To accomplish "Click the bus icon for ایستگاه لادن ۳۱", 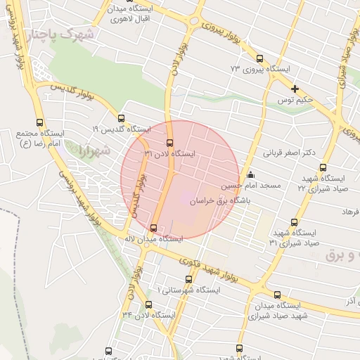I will click(x=169, y=143).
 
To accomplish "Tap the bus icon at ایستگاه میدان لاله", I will click(x=154, y=227).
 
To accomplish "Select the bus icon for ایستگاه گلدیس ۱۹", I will click(x=122, y=119).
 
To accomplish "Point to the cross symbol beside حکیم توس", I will click(x=295, y=89).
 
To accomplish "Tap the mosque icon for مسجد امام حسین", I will click(x=251, y=175).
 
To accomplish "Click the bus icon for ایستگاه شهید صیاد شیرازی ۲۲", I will click(x=323, y=168).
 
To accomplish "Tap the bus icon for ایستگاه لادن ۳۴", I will click(x=148, y=304).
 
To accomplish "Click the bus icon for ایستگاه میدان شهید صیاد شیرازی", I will click(x=277, y=295).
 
